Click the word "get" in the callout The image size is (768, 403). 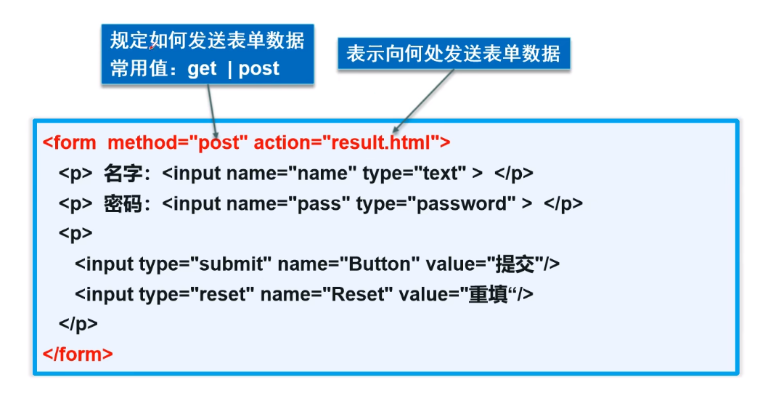pyautogui.click(x=202, y=69)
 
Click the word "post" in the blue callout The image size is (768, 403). pyautogui.click(x=258, y=69)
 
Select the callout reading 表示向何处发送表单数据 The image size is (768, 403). pyautogui.click(x=454, y=54)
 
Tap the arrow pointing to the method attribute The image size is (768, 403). pyautogui.click(x=212, y=110)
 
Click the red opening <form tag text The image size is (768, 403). pyautogui.click(x=69, y=142)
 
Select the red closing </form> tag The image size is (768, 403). pyautogui.click(x=78, y=354)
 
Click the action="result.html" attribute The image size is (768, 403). pyautogui.click(x=346, y=142)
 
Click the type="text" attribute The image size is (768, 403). pyautogui.click(x=414, y=174)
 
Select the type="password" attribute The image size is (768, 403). pyautogui.click(x=436, y=204)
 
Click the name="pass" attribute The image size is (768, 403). pyautogui.click(x=319, y=204)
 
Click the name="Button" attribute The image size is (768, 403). pyautogui.click(x=348, y=264)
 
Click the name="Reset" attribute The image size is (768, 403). pyautogui.click(x=326, y=294)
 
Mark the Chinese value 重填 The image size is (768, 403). pyautogui.click(x=488, y=294)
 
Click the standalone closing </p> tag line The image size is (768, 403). pyautogui.click(x=78, y=324)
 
